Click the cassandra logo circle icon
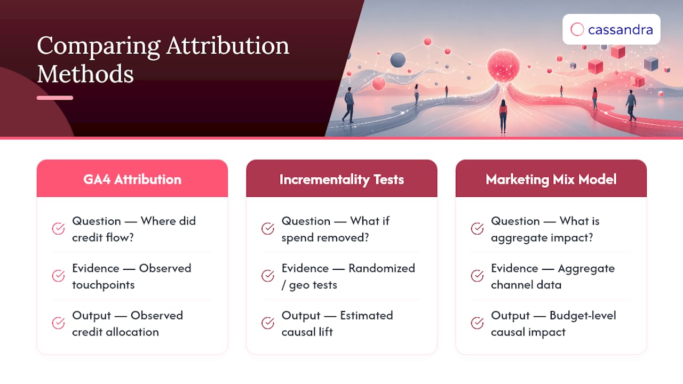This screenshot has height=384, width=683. point(577,29)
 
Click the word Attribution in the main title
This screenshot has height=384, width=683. point(228,46)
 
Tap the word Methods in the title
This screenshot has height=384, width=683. point(85,74)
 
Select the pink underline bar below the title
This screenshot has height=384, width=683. point(55,98)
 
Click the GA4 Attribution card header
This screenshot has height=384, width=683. point(132,178)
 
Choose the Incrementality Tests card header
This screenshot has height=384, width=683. point(341,178)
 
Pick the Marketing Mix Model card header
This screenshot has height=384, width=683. point(551,178)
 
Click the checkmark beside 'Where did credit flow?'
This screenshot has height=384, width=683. point(58,229)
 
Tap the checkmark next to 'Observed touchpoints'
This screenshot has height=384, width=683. point(58,276)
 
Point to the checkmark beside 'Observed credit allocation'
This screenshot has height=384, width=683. point(58,323)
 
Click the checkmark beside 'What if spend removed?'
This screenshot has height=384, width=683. point(268,229)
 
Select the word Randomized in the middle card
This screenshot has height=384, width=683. point(382,268)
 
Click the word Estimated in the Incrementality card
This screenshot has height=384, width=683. point(367,316)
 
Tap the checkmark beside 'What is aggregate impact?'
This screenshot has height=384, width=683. point(477,229)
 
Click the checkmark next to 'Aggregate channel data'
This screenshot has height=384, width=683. point(477,276)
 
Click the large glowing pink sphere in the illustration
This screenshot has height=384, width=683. point(503,66)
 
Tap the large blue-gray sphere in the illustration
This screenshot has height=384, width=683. point(398,60)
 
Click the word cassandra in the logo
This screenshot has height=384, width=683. point(621,30)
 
